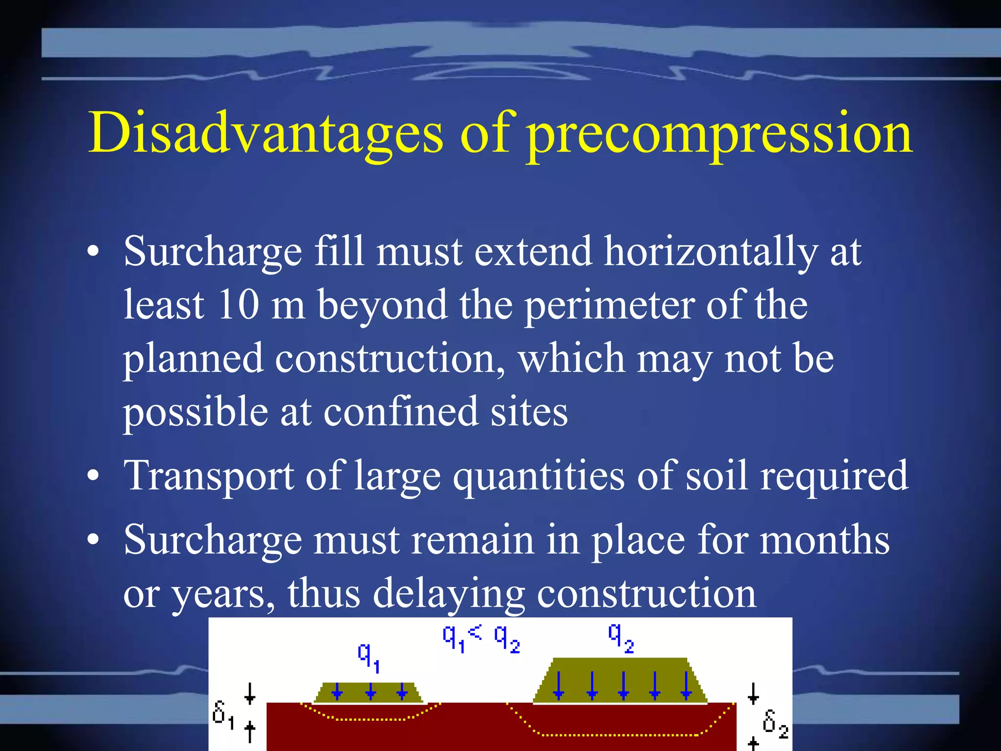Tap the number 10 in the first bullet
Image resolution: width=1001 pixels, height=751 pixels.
pos(238,305)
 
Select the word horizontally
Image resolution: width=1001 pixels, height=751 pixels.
pos(711,252)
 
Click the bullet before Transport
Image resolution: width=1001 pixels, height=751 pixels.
pos(93,476)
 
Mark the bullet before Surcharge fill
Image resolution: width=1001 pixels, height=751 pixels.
pos(93,252)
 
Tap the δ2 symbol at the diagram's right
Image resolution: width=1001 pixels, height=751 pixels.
pos(775,723)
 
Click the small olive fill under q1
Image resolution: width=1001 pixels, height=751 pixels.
pos(369,693)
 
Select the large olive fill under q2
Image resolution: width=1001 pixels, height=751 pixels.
pos(620,681)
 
